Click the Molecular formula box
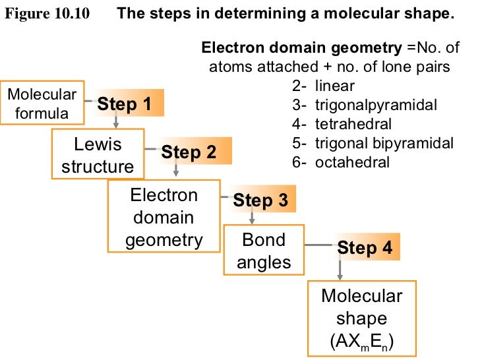point(43,104)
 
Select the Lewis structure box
point(98,155)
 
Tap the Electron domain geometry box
point(164,218)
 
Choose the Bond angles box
point(264,251)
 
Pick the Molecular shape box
point(361,318)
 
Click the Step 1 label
point(125,104)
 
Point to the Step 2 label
point(189,152)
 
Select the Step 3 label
point(260,201)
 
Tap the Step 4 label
point(365,248)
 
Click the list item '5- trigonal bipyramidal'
point(373,143)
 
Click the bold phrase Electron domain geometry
point(300,47)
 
